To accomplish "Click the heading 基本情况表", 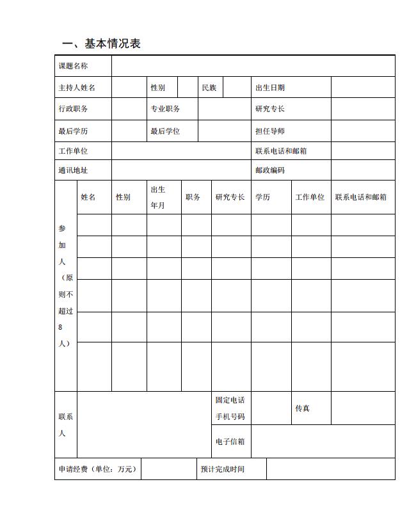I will pos(101,44).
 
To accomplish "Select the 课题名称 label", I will pos(73,66).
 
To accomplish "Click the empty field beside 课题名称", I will pos(253,66).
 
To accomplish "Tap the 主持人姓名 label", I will pos(77,88).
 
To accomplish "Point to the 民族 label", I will pos(209,88).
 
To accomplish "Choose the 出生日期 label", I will pos(270,88).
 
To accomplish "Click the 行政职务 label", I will pos(73,109).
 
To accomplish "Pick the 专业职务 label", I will pos(165,109).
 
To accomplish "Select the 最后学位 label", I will pos(165,131).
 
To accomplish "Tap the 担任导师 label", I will pos(270,131).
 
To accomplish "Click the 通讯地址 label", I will pos(73,170).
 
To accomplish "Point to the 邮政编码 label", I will pos(270,170).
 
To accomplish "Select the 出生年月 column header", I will pos(158,197).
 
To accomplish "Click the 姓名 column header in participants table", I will pos(88,197).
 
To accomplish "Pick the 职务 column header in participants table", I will pos(193,197).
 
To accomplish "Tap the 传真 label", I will pos(302,408).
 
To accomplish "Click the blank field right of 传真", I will pos(362,408).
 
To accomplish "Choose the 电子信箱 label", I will pos(229,441).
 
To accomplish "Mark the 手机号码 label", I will pos(229,417).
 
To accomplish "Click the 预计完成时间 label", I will pos(222,469).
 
